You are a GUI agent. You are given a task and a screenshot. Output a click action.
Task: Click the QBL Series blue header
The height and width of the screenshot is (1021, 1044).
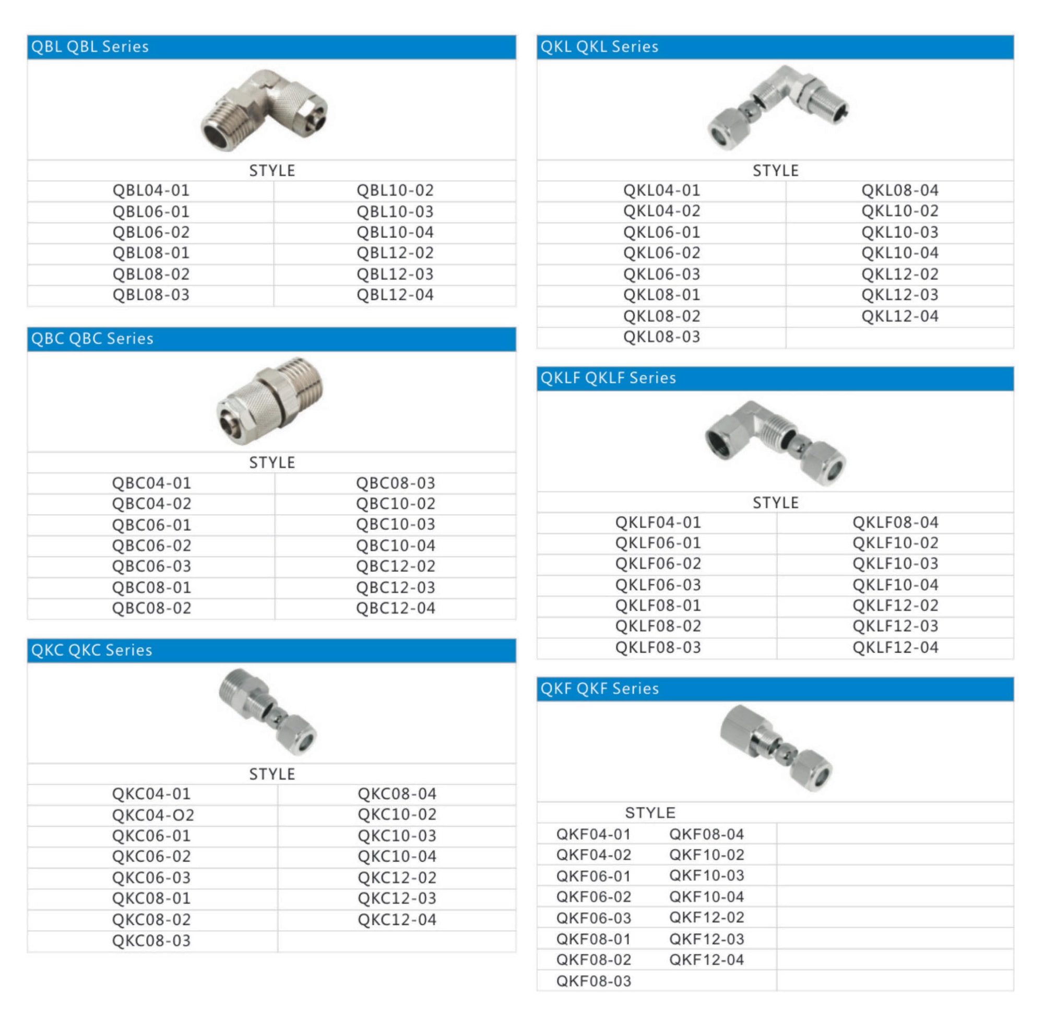[x=271, y=46]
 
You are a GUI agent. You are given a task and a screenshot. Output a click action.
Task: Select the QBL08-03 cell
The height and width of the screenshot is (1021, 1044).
[x=151, y=295]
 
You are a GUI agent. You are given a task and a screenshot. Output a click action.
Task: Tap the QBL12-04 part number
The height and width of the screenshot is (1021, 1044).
[x=395, y=295]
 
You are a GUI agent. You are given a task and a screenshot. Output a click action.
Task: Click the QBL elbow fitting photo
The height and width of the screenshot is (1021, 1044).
[x=264, y=110]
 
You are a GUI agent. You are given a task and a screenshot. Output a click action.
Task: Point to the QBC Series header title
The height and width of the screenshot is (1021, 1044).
[x=92, y=338]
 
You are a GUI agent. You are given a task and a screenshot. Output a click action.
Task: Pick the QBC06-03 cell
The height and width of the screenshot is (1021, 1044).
[x=151, y=566]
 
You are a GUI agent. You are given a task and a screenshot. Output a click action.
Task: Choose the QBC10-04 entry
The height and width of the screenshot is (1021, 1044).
[x=395, y=545]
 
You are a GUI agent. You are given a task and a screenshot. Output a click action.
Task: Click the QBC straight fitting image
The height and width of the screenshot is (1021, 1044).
[x=270, y=400]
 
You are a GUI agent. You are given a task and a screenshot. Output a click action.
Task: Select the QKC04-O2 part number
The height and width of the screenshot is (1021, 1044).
[x=153, y=815]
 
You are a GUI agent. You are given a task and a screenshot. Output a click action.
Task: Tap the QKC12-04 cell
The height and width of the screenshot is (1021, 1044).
[x=397, y=920]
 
